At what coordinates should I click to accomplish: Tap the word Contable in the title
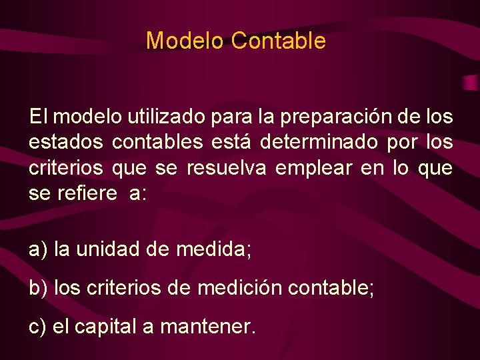pos(279,41)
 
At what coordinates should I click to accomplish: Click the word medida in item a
pos(211,249)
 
